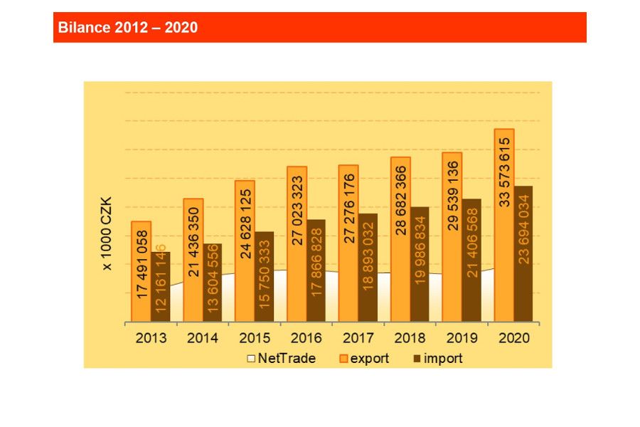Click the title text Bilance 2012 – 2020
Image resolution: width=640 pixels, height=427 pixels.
pyautogui.click(x=127, y=28)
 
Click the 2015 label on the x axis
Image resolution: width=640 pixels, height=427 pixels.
pyautogui.click(x=255, y=338)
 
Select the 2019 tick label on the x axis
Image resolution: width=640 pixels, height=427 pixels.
pyautogui.click(x=462, y=338)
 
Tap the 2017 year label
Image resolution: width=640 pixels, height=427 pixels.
pyautogui.click(x=358, y=338)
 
